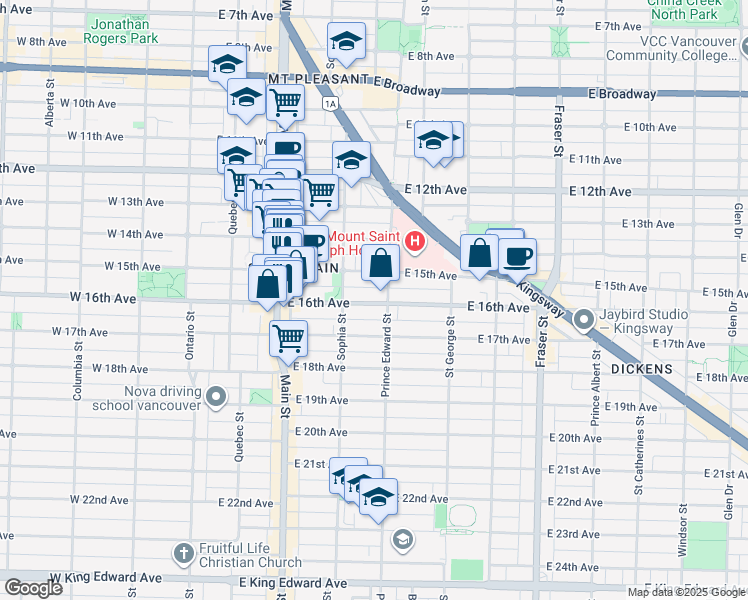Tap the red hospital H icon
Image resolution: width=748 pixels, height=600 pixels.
tap(414, 241)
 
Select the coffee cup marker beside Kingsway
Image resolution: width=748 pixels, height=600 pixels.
tap(518, 256)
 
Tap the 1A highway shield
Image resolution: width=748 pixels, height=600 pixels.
tap(329, 103)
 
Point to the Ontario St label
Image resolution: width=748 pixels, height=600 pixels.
tap(188, 327)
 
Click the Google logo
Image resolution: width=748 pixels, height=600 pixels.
tap(34, 588)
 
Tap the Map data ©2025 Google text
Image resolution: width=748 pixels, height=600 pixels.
tap(685, 592)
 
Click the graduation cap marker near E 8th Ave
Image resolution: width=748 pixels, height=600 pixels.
tap(346, 41)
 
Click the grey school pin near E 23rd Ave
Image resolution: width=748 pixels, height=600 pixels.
tap(402, 540)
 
